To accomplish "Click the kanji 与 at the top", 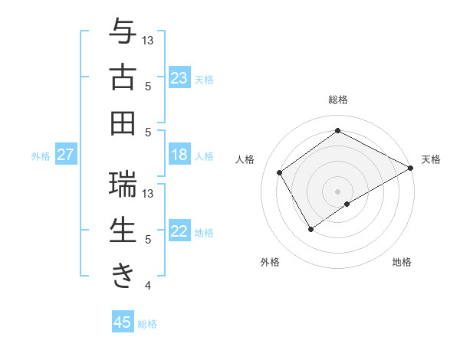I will [123, 31].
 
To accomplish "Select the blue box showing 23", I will [179, 78].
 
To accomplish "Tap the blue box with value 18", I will [179, 155].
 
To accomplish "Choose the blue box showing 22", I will [179, 232].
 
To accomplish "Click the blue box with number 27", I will [65, 155].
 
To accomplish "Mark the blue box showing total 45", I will [123, 322].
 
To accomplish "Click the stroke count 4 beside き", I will [147, 286].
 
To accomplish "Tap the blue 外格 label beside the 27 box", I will [41, 156].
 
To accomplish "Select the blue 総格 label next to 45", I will [147, 323].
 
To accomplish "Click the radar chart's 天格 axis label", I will [431, 159].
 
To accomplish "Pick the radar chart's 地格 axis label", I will [402, 262].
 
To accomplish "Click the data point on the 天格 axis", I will [411, 168].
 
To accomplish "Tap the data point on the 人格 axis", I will [280, 172].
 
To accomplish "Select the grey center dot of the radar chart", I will [337, 190].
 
